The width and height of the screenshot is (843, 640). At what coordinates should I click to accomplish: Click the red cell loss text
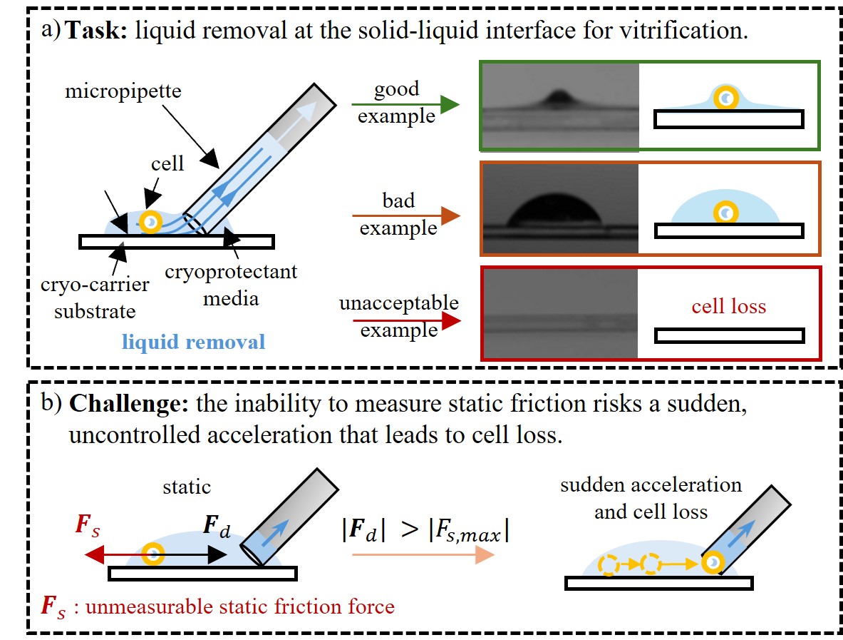728,307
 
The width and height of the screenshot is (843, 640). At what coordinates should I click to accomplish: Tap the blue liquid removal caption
193,341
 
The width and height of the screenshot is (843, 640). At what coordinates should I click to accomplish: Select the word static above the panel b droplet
186,487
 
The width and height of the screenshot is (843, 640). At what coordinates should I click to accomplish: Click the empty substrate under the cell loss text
728,335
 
